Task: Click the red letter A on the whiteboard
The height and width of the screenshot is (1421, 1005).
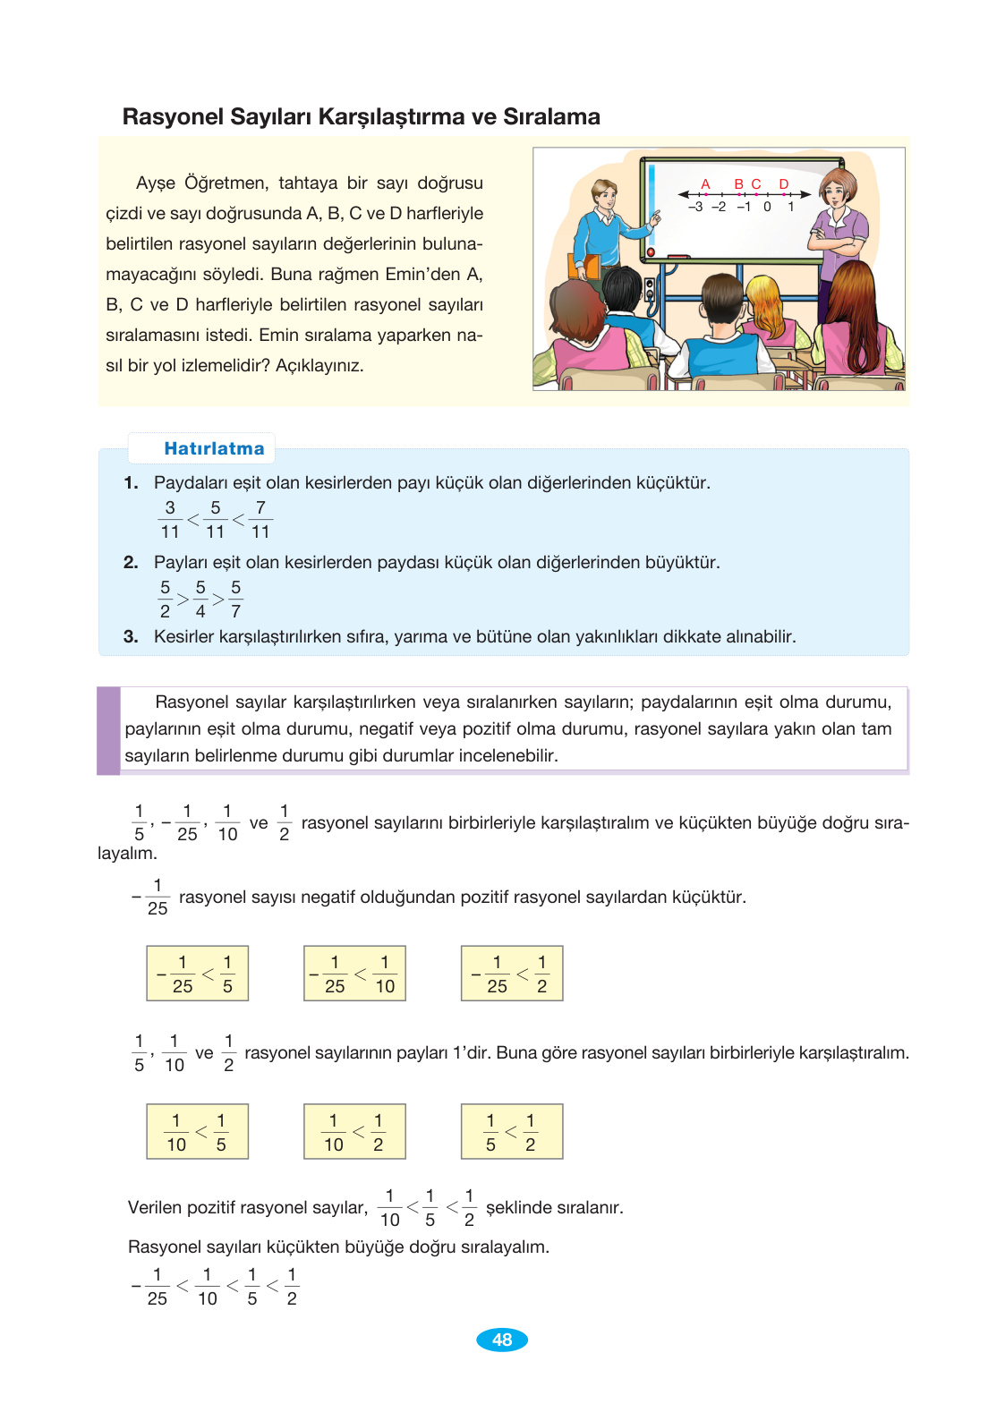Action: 705,183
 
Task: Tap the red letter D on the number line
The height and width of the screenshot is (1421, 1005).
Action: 784,183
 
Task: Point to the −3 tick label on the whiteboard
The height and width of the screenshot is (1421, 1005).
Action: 695,207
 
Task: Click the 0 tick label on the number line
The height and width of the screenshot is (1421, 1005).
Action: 767,207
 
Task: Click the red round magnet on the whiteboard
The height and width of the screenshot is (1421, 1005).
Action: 651,253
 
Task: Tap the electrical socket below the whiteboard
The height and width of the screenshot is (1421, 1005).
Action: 650,290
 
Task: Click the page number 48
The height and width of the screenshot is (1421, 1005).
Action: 502,1340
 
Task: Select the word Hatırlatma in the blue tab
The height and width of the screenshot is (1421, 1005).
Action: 214,448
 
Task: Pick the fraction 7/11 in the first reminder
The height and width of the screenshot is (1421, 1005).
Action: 260,519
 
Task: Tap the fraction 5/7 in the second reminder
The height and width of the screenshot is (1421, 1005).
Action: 235,599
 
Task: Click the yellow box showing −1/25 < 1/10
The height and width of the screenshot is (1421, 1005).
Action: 354,973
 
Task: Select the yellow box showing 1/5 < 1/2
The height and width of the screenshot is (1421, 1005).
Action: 512,1131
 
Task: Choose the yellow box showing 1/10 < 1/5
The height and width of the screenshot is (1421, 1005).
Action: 197,1131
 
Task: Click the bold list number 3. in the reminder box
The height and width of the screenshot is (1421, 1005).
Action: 132,636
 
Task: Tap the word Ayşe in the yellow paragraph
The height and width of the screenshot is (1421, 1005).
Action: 156,183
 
